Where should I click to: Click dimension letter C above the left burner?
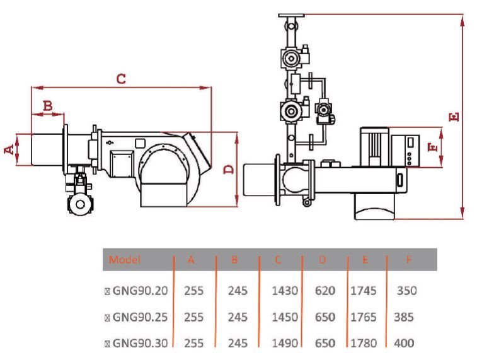(122, 79)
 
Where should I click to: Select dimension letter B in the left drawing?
(47, 105)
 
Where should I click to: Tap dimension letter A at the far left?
(9, 149)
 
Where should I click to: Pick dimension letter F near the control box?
(432, 148)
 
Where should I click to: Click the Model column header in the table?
(125, 260)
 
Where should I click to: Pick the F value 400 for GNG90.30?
(403, 343)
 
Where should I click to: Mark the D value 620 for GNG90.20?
(325, 291)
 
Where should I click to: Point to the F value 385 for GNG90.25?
(403, 317)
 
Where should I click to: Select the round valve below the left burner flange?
(79, 203)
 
